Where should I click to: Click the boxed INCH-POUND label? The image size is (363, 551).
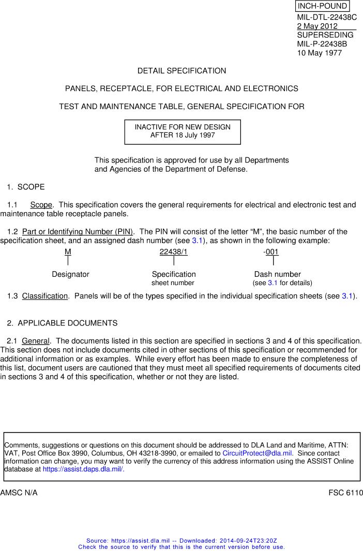tap(322, 6)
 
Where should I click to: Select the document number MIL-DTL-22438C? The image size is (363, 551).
tap(327, 17)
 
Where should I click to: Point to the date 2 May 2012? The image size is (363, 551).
tap(317, 26)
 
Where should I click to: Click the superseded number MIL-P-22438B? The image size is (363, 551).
tap(322, 43)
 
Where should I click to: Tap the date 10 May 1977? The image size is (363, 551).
tap(319, 52)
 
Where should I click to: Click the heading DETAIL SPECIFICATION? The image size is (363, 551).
tap(182, 71)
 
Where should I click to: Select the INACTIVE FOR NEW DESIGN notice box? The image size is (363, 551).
tap(183, 131)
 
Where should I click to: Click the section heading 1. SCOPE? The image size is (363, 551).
tap(26, 187)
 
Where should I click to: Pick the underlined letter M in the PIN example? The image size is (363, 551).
tap(68, 252)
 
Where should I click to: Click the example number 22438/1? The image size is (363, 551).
tap(173, 252)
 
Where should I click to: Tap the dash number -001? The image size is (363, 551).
tap(271, 252)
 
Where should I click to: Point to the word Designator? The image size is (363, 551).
tap(70, 274)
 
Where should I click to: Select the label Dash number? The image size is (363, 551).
tap(277, 274)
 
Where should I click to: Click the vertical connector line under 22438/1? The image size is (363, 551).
tap(174, 261)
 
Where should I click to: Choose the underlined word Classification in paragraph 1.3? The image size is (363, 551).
tap(45, 296)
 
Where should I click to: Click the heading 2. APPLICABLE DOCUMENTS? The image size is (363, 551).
tap(62, 323)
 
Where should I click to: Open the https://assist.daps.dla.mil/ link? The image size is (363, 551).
tap(83, 469)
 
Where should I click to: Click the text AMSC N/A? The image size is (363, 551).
tap(19, 493)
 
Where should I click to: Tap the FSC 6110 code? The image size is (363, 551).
tap(345, 493)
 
